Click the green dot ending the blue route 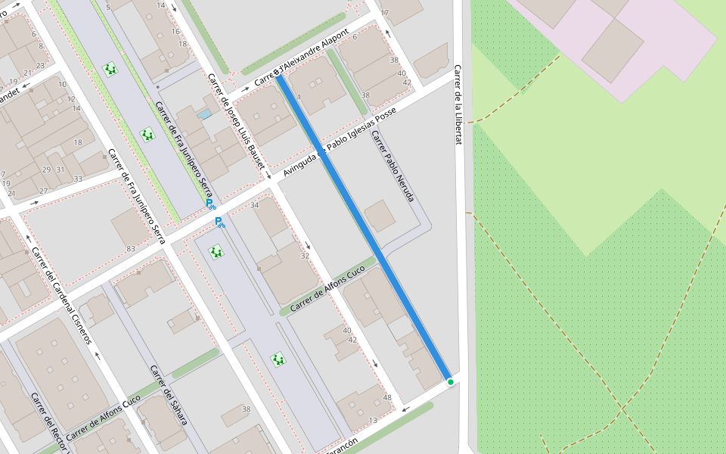point(450,382)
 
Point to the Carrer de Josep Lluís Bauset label point(236,121)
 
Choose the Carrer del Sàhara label point(168,395)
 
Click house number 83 point(131,249)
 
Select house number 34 point(254,206)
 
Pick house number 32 point(305,257)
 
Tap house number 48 point(387,398)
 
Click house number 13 point(373,421)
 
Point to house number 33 point(78,179)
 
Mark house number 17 point(384,13)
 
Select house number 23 point(40,66)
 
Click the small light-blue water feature point(204,114)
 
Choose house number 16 point(175,31)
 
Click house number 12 point(71,99)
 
